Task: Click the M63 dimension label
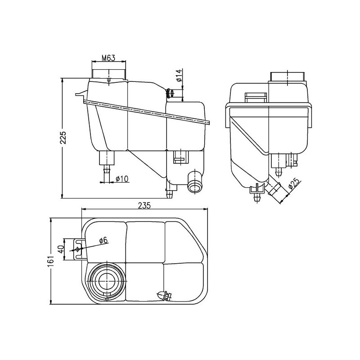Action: click(x=108, y=58)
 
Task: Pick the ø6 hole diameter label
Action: click(x=103, y=240)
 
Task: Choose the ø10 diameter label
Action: click(x=121, y=179)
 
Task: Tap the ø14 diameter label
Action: click(x=179, y=75)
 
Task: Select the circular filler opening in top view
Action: click(x=106, y=279)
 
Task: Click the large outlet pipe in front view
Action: click(x=195, y=183)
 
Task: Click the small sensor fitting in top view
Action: click(x=163, y=295)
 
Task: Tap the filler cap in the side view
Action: click(x=288, y=76)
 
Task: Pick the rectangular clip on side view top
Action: click(x=255, y=97)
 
